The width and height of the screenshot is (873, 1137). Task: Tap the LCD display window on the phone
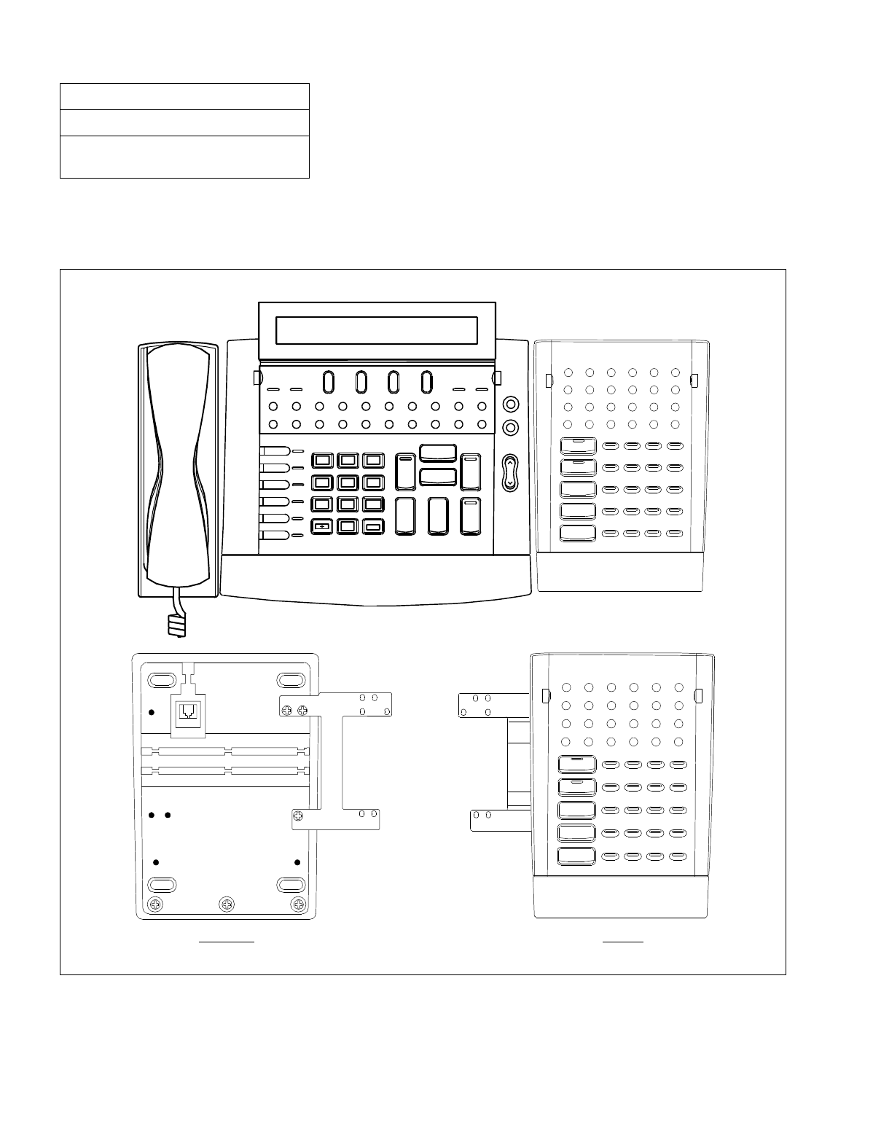point(377,331)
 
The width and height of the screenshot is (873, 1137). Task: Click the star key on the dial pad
point(321,525)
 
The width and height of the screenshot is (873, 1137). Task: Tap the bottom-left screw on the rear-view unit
point(155,904)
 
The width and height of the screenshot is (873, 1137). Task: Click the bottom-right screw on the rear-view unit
point(297,904)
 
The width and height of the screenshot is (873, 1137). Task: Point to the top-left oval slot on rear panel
point(161,680)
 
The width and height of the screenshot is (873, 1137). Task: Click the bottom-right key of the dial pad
point(373,525)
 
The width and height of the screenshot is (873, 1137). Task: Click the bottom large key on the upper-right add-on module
point(578,533)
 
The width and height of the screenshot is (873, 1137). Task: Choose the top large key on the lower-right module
point(576,764)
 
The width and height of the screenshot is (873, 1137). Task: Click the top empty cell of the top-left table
point(184,96)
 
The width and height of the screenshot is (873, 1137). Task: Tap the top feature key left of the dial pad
point(275,451)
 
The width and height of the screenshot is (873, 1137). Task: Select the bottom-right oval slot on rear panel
point(291,885)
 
